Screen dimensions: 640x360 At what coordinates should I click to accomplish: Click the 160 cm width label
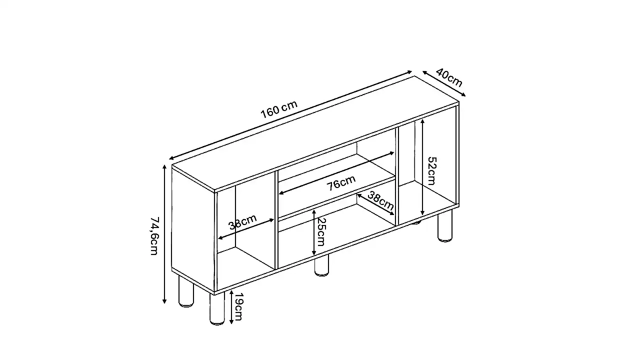pyautogui.click(x=279, y=109)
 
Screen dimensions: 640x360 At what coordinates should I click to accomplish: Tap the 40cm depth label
pyautogui.click(x=449, y=77)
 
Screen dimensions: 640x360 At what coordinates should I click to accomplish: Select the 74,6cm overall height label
pyautogui.click(x=154, y=235)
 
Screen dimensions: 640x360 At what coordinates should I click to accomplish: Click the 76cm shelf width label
pyautogui.click(x=341, y=182)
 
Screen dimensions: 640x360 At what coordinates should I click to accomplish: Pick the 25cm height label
pyautogui.click(x=321, y=231)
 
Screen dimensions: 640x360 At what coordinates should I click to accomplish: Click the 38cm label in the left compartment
pyautogui.click(x=242, y=222)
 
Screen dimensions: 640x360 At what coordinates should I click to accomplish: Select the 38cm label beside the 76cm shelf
pyautogui.click(x=380, y=200)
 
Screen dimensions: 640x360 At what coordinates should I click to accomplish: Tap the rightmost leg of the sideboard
pyautogui.click(x=445, y=226)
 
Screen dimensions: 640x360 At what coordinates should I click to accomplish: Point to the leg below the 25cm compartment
pyautogui.click(x=321, y=265)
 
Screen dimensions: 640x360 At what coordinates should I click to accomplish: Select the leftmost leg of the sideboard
pyautogui.click(x=186, y=291)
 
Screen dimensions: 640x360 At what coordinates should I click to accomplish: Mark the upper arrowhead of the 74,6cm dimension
pyautogui.click(x=164, y=167)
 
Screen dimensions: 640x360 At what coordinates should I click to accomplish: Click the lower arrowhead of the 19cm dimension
pyautogui.click(x=231, y=321)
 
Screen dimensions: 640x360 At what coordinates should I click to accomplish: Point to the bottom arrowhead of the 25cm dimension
pyautogui.click(x=313, y=252)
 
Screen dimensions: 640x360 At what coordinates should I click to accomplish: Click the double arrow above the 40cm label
pyautogui.click(x=444, y=83)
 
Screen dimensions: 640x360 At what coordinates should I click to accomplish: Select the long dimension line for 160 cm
pyautogui.click(x=290, y=115)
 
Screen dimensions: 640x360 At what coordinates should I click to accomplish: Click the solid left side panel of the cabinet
pyautogui.click(x=193, y=230)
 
